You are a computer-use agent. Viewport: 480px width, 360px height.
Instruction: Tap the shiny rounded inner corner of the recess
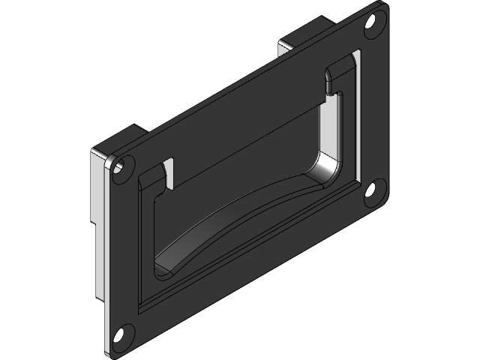coord(328,169)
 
